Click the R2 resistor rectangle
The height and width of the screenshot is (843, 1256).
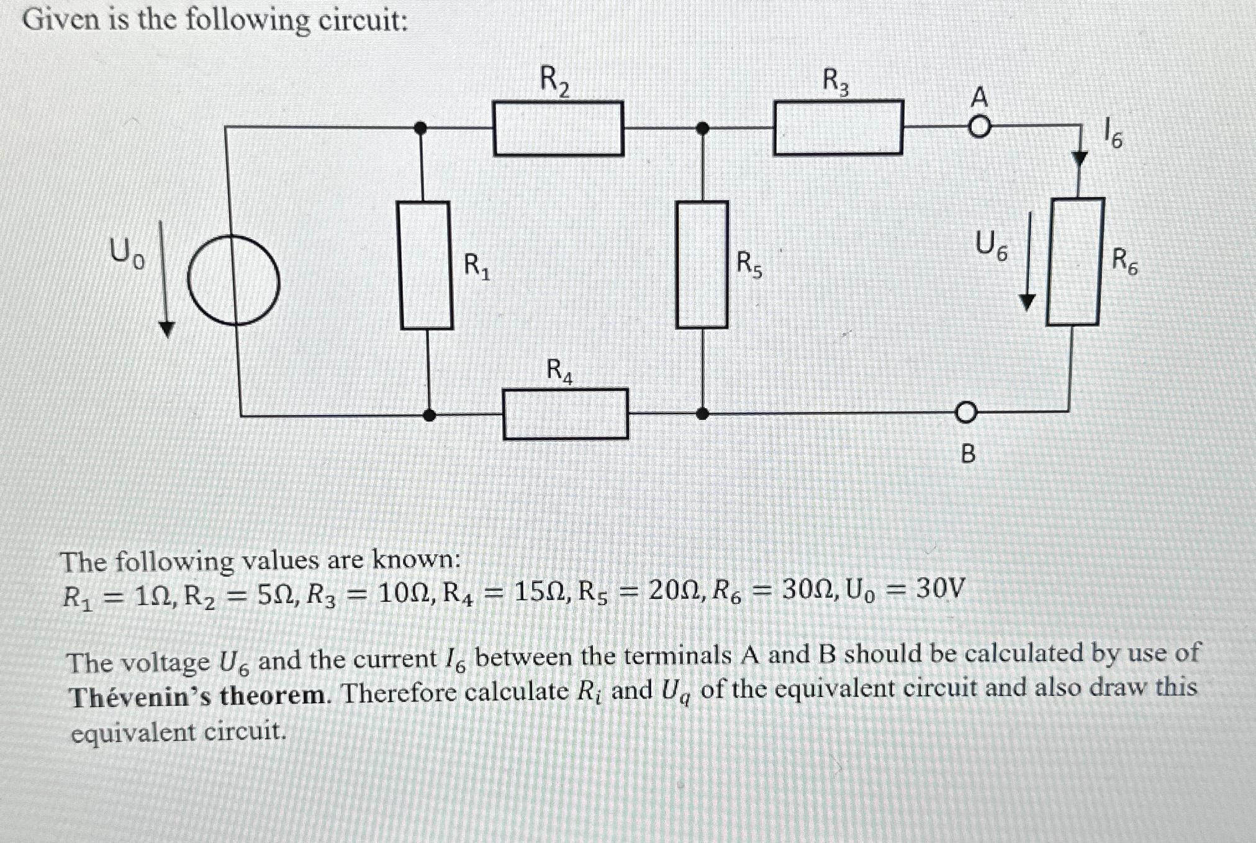(x=558, y=128)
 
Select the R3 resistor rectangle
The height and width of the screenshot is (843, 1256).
(x=838, y=127)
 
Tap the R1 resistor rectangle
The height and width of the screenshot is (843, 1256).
(x=426, y=265)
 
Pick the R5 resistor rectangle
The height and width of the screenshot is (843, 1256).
(x=702, y=265)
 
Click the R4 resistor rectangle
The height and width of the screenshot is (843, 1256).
(x=566, y=414)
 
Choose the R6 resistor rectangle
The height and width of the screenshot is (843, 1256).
(x=1075, y=262)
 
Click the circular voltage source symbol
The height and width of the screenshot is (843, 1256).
(x=233, y=280)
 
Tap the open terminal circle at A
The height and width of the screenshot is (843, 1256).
(x=979, y=127)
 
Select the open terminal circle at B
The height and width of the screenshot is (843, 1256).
(x=965, y=413)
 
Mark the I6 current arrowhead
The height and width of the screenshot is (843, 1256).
(x=1080, y=158)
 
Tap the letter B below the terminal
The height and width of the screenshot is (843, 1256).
(x=968, y=455)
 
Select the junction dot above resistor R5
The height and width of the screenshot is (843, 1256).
(x=702, y=129)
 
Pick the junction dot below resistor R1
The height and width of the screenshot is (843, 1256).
(x=429, y=414)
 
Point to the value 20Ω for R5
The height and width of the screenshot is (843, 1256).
(x=674, y=589)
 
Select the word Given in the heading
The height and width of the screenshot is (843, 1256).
(x=61, y=21)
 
